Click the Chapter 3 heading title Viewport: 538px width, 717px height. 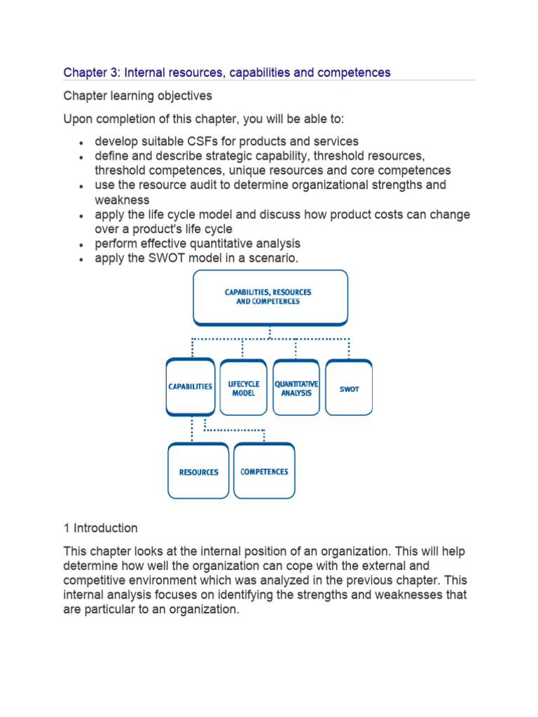pyautogui.click(x=227, y=72)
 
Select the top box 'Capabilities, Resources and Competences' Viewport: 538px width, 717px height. pyautogui.click(x=270, y=297)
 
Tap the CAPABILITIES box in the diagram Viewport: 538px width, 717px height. pyautogui.click(x=190, y=387)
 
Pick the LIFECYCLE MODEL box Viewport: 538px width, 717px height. pyautogui.click(x=243, y=388)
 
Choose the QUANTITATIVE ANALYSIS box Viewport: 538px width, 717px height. pyautogui.click(x=296, y=388)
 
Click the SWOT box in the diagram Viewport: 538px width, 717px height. pyautogui.click(x=349, y=388)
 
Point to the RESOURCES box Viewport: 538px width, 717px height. pyautogui.click(x=198, y=472)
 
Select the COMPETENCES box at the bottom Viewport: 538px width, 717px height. pyautogui.click(x=264, y=472)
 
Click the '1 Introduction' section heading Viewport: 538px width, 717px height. pyautogui.click(x=100, y=528)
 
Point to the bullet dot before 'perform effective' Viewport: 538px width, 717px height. pyautogui.click(x=81, y=245)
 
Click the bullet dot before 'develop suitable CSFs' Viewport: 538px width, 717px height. pyautogui.click(x=81, y=143)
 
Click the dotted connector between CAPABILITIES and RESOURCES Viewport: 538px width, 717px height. pyautogui.click(x=191, y=429)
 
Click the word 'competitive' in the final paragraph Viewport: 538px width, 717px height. pyautogui.click(x=97, y=580)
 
